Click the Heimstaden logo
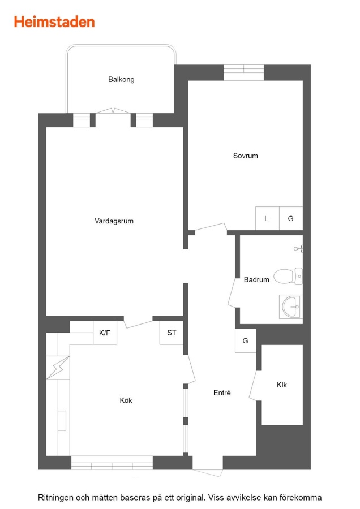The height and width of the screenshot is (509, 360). [54, 22]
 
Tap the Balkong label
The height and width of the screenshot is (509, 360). [121, 80]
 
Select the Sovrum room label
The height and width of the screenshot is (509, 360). [245, 156]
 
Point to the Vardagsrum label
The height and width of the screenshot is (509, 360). [114, 221]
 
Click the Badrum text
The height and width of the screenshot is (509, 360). [256, 279]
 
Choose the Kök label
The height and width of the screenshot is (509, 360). [126, 400]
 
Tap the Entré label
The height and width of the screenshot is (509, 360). [222, 393]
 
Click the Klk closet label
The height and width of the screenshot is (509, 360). [282, 385]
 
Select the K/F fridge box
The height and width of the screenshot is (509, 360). [105, 333]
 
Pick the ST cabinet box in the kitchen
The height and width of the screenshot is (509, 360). [172, 333]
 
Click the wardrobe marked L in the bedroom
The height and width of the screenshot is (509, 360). [267, 218]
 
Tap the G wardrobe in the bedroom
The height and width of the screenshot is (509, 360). [291, 218]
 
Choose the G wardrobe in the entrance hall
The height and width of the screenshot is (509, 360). [246, 341]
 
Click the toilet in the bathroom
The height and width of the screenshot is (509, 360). [288, 276]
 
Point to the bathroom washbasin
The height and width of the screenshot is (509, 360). [291, 307]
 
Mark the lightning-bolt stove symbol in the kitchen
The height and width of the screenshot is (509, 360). [58, 368]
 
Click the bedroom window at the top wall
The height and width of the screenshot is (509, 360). [244, 72]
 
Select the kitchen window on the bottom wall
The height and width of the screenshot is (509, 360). [112, 463]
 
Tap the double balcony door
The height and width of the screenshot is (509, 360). [113, 111]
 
